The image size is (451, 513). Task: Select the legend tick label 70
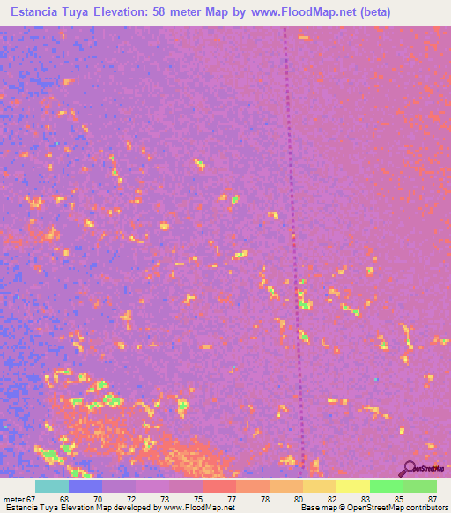click(98, 498)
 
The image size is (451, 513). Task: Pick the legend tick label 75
click(198, 498)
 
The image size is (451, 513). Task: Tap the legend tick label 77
click(232, 498)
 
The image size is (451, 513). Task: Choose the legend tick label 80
click(299, 498)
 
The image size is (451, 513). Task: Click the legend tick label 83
click(366, 498)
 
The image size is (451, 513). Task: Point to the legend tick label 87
click(432, 498)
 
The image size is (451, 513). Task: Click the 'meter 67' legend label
click(18, 498)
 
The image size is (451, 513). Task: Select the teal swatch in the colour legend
click(52, 486)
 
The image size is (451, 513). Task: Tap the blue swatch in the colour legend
click(85, 486)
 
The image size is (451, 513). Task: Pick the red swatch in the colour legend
click(219, 486)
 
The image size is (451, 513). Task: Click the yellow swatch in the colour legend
click(353, 486)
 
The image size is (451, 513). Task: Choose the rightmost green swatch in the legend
click(420, 486)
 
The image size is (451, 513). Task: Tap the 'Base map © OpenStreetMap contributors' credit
click(373, 508)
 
